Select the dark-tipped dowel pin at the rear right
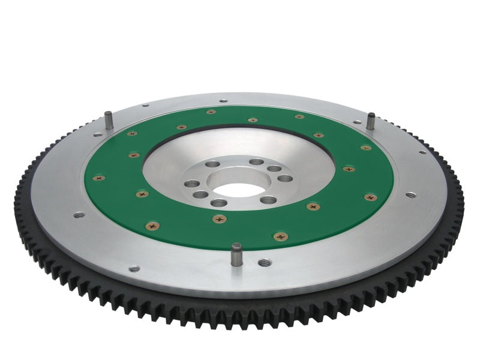(x=371, y=119)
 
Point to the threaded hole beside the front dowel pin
(x=264, y=262)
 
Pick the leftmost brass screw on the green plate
(x=99, y=178)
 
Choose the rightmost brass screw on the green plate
(x=371, y=197)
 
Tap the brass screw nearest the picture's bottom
(x=280, y=236)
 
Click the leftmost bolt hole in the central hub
(x=191, y=184)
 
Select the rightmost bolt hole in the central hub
(x=286, y=178)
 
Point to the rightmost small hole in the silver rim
(x=410, y=195)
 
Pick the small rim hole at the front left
(x=134, y=268)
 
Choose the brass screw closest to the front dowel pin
(x=220, y=219)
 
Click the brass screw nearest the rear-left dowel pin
(x=132, y=133)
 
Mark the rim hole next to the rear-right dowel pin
(x=358, y=122)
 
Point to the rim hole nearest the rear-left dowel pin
(x=145, y=106)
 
